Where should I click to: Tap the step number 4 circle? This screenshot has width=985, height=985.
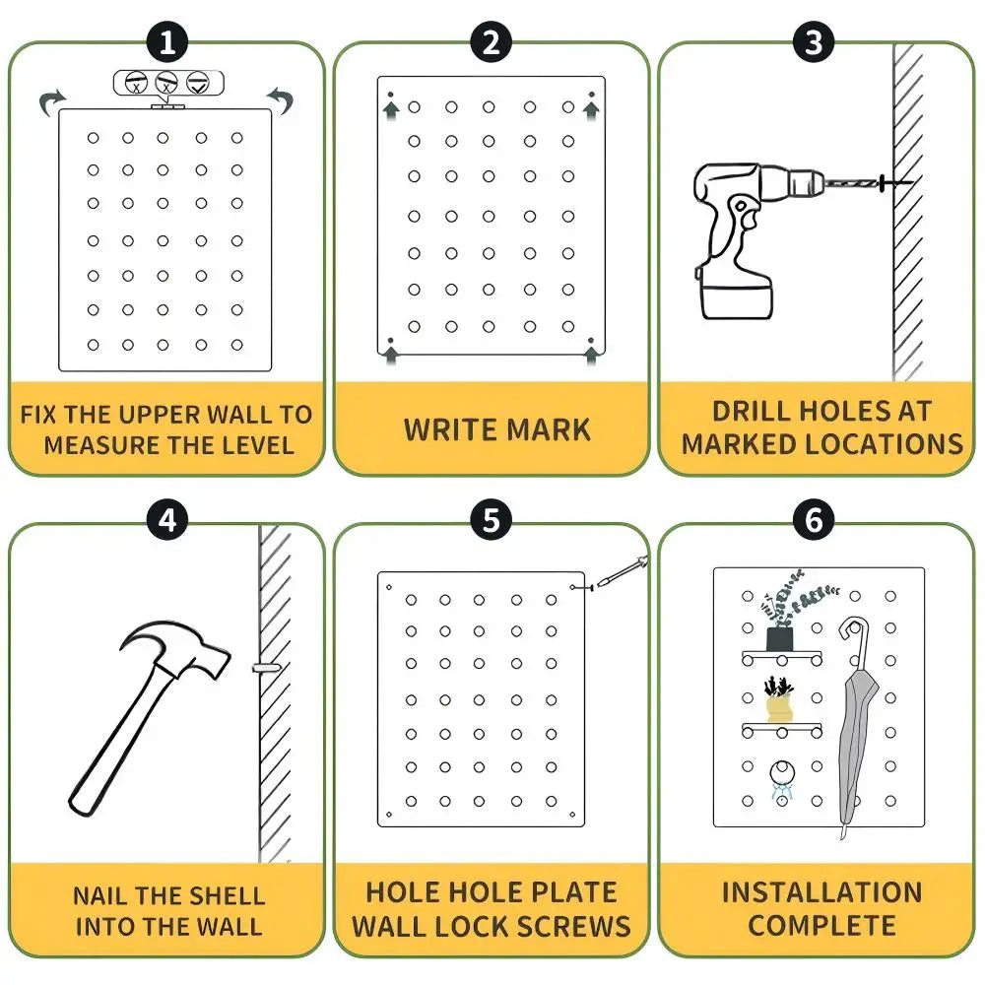pyautogui.click(x=167, y=519)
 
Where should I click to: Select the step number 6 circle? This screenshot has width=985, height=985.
pyautogui.click(x=814, y=519)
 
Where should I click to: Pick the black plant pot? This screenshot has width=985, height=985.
pyautogui.click(x=781, y=638)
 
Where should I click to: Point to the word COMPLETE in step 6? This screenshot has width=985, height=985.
pyautogui.click(x=821, y=926)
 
